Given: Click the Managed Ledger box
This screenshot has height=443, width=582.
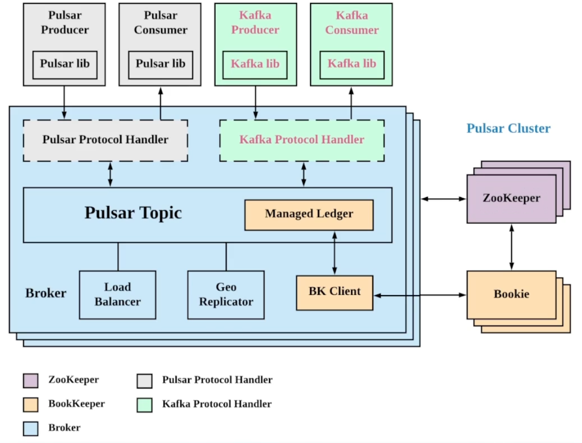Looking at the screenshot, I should [x=309, y=215].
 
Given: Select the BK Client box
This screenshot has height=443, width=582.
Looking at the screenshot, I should [x=334, y=292].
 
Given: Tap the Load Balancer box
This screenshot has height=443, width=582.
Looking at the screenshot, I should [x=118, y=294].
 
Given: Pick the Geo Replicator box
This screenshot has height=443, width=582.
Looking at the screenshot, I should [x=226, y=294].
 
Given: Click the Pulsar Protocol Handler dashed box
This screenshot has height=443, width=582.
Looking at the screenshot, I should [x=105, y=140].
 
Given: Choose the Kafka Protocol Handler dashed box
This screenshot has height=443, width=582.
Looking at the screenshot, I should [x=302, y=140].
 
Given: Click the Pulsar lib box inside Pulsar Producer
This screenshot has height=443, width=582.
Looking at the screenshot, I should [x=65, y=64].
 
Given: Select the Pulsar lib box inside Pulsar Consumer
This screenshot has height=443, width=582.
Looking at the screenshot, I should [x=161, y=64].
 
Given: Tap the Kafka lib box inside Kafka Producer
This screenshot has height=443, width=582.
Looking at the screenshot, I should [x=255, y=64].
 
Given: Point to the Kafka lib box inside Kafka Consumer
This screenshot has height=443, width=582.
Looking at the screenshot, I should [x=351, y=64].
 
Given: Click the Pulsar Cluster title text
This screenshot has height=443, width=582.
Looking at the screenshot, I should [x=508, y=128].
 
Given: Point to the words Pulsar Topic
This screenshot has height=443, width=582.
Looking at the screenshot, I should [x=133, y=213].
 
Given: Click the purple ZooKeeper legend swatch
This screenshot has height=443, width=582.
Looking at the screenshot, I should [x=30, y=380].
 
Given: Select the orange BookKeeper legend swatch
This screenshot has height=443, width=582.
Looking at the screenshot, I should [x=30, y=404].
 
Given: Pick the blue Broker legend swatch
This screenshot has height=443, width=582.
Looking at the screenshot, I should [x=30, y=428].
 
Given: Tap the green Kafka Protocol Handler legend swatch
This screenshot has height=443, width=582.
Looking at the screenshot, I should [x=144, y=404].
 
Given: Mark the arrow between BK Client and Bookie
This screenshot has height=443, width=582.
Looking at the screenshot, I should [x=420, y=295].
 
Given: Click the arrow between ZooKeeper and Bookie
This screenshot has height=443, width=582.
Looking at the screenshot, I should [x=511, y=247].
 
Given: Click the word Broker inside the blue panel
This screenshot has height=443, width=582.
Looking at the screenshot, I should [x=46, y=293].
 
